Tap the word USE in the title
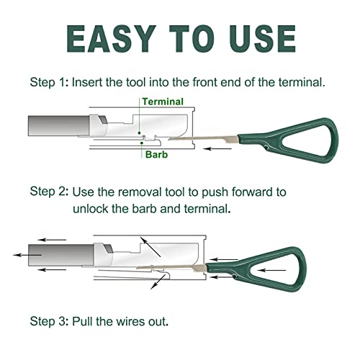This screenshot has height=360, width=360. [263, 39]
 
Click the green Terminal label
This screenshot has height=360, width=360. [163, 102]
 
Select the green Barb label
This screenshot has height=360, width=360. [156, 155]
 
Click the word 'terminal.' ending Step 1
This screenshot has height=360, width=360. [302, 82]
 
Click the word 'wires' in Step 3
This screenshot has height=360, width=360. [130, 322]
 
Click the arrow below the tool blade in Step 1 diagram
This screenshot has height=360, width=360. [217, 149]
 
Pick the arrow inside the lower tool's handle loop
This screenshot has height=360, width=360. [271, 270]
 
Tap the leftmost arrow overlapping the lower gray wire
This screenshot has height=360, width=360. [27, 255]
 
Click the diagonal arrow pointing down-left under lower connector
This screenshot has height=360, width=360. [158, 282]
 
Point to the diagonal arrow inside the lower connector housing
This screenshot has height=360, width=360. [150, 247]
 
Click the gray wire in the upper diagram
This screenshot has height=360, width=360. [59, 126]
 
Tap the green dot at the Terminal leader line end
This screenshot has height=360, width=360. [139, 132]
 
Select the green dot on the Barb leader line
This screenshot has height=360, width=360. [142, 143]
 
